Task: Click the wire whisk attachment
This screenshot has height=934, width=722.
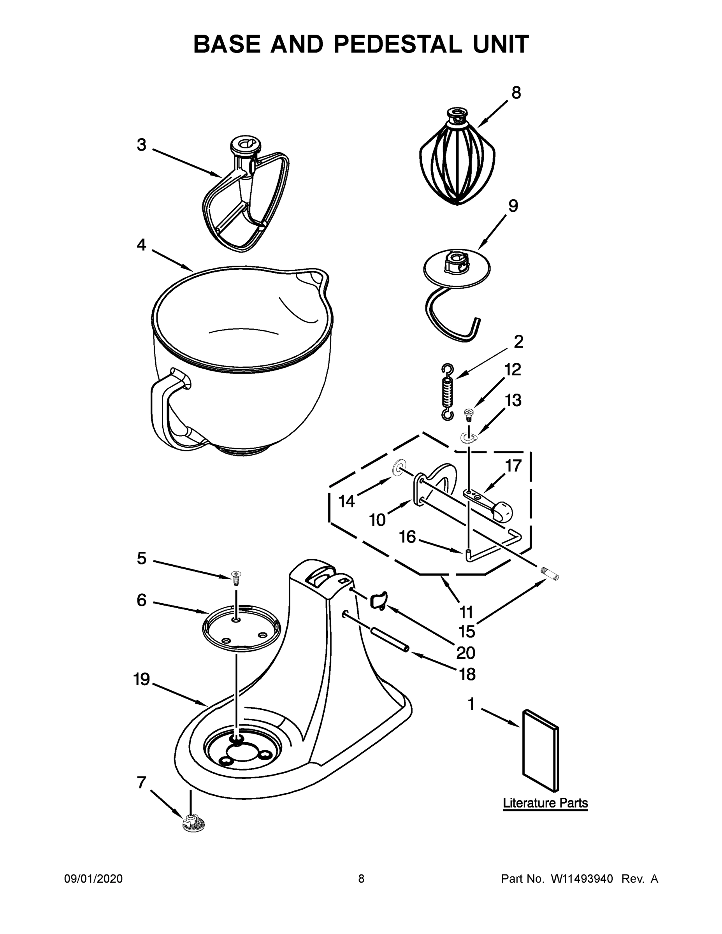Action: point(457,165)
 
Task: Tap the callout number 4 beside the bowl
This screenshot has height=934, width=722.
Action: point(142,245)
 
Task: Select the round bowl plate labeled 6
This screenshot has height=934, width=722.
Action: point(241,628)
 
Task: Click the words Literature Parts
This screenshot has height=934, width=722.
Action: point(545,803)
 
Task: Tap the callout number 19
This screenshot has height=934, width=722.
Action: point(142,679)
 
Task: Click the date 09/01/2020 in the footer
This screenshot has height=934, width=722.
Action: point(93,879)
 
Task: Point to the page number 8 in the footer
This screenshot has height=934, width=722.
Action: point(361,879)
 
